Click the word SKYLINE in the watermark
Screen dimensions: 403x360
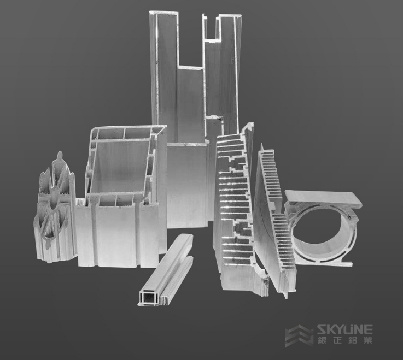[x=344, y=329]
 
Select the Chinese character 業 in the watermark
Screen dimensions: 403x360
[x=367, y=340]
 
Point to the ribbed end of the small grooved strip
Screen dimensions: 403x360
[x=163, y=300]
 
